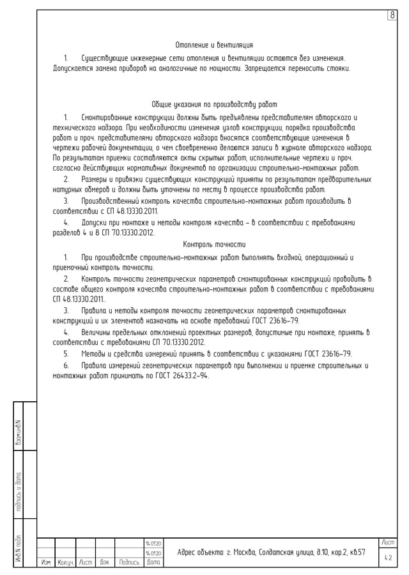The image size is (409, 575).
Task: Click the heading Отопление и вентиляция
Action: point(214,45)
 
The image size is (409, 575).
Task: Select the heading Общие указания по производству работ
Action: point(214,105)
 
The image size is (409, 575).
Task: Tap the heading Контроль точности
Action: point(214,244)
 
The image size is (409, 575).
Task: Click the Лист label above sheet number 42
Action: point(388,542)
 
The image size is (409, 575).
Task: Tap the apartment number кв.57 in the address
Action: point(356,552)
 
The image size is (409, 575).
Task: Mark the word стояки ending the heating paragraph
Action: point(336,68)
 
